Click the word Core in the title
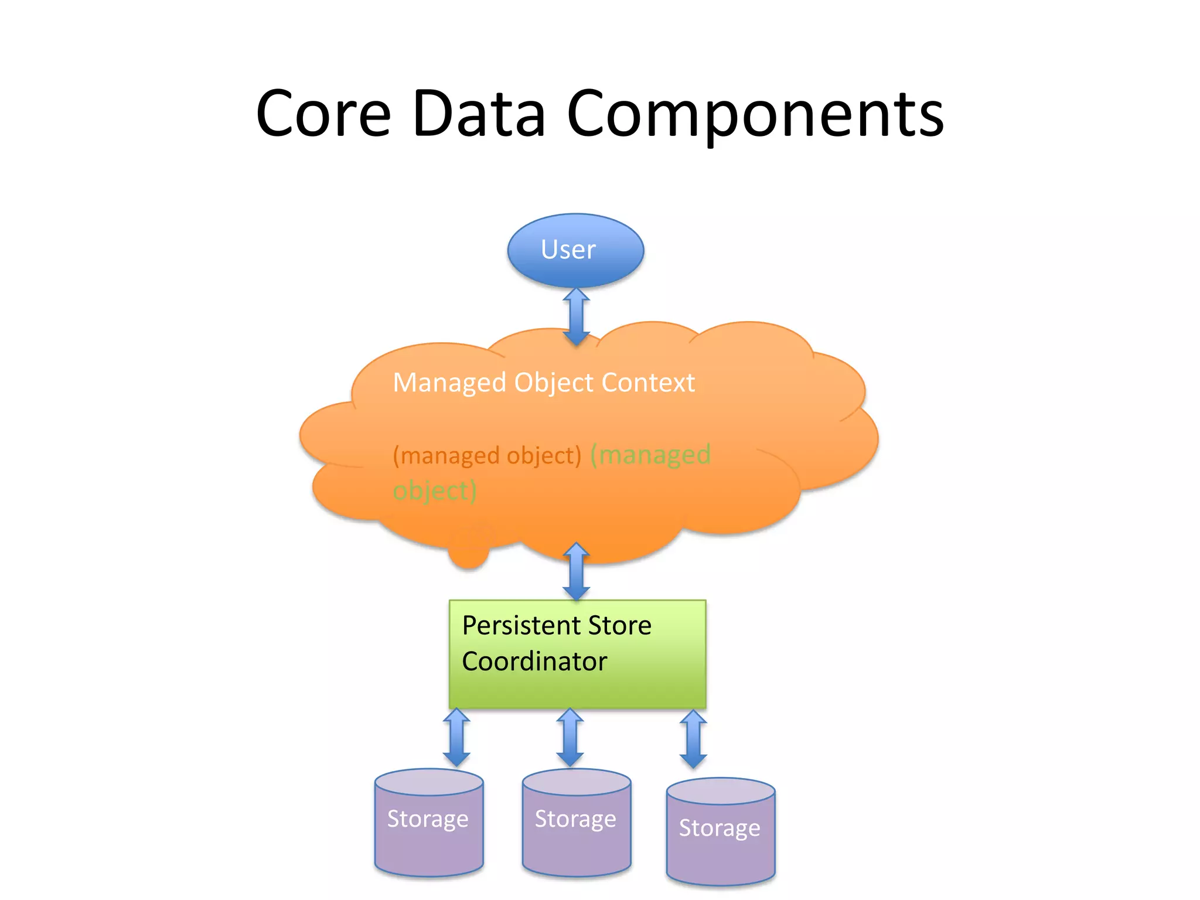point(323,114)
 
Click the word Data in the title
point(479,114)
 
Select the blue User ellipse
point(575,250)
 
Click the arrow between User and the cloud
point(576,316)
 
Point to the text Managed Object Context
point(543,383)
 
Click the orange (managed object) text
point(487,456)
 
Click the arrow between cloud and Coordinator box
point(576,571)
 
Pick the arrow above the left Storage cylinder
point(456,737)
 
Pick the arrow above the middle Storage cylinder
point(570,737)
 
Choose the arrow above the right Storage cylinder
point(693,739)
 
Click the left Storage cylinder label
point(428,819)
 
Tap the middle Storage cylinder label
point(575,819)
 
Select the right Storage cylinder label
point(720,829)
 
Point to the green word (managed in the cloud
point(650,455)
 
